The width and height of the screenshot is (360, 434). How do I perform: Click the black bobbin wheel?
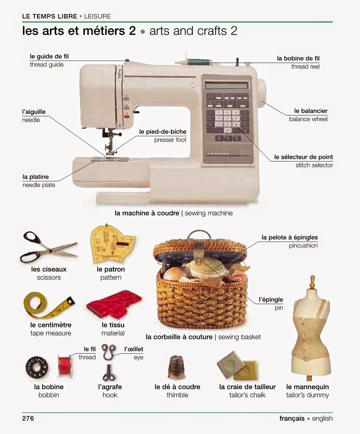point(38,367)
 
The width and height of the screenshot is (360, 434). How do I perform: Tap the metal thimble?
point(177,368)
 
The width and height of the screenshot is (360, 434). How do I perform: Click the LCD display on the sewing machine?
point(226,85)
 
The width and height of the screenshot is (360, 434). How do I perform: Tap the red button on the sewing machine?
point(127,116)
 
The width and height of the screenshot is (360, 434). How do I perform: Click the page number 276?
point(28,418)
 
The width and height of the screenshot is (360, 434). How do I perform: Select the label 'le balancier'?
point(311,111)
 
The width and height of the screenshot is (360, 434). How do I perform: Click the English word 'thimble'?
point(177,395)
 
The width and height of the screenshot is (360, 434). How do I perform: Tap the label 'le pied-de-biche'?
point(163,132)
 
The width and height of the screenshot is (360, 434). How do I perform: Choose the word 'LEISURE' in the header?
point(97,16)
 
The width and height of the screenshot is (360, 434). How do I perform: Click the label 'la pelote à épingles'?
point(290,237)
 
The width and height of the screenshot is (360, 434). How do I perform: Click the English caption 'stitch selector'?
point(314,165)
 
